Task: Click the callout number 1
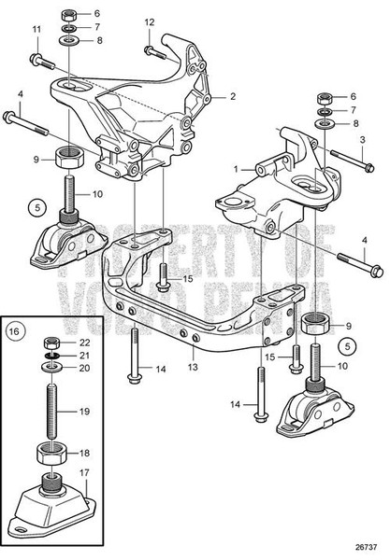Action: (x=238, y=169)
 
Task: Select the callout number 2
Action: (x=233, y=96)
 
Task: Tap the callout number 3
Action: (x=361, y=140)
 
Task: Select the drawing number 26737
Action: (x=366, y=547)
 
